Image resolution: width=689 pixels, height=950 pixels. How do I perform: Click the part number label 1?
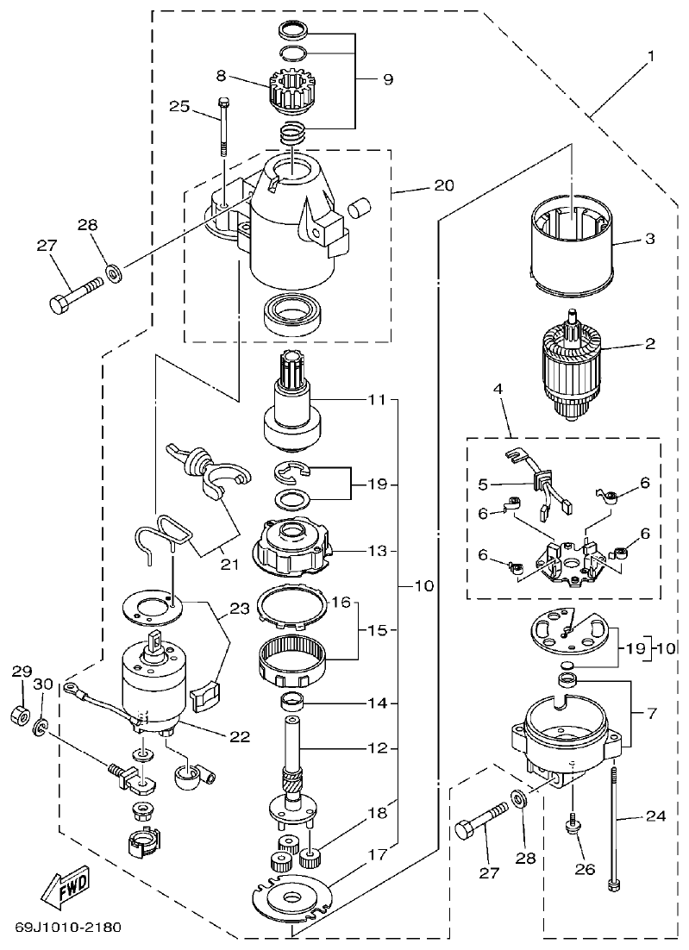click(x=651, y=56)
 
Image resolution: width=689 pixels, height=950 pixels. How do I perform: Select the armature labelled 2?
click(x=569, y=366)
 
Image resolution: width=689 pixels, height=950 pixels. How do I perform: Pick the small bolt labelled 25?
click(x=223, y=125)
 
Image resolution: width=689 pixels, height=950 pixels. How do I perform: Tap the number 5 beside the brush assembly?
click(x=485, y=484)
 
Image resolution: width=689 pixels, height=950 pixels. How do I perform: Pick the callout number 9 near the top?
click(x=387, y=79)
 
